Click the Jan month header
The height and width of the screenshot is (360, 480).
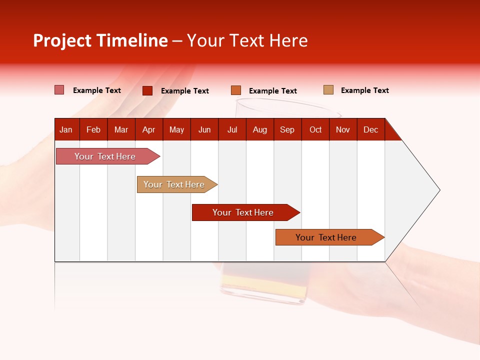tap(66, 130)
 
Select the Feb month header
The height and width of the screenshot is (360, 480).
tap(93, 130)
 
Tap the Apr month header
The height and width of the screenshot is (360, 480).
tap(148, 130)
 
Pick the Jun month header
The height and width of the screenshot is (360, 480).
tap(204, 130)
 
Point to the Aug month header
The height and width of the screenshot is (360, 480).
tap(260, 130)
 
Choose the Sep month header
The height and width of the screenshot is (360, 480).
tap(287, 130)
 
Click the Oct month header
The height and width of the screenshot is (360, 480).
tap(315, 130)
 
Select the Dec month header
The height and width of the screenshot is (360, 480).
tap(370, 130)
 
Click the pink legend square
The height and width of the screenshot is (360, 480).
tap(59, 90)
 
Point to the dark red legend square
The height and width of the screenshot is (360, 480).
tap(147, 90)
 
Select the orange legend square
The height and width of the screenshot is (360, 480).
tap(235, 90)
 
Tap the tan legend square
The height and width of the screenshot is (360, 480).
tap(328, 90)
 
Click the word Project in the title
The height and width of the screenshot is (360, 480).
tap(62, 40)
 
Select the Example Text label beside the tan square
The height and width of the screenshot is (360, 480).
tap(364, 90)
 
